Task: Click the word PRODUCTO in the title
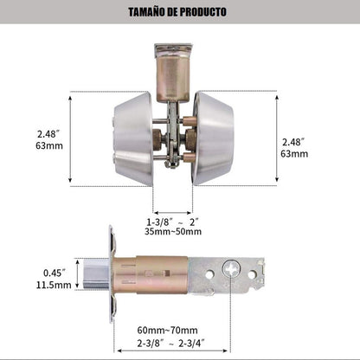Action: point(203,12)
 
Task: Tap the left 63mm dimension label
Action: point(49,145)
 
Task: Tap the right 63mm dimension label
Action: point(294,154)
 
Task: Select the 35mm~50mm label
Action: point(173,231)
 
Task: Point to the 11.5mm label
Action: point(54,285)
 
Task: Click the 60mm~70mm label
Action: point(167,330)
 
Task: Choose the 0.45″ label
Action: point(55,273)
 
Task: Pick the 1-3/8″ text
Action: point(160,222)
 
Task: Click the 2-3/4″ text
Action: point(192,344)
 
